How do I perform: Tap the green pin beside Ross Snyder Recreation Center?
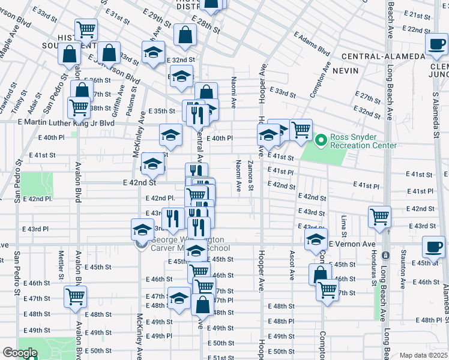[x=321, y=141]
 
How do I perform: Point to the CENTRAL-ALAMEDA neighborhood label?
[x=379, y=56]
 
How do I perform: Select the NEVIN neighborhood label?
[x=358, y=70]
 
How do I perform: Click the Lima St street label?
[x=344, y=227]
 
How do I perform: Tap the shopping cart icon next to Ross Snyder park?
[x=301, y=129]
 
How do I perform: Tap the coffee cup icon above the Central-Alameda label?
[x=435, y=43]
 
